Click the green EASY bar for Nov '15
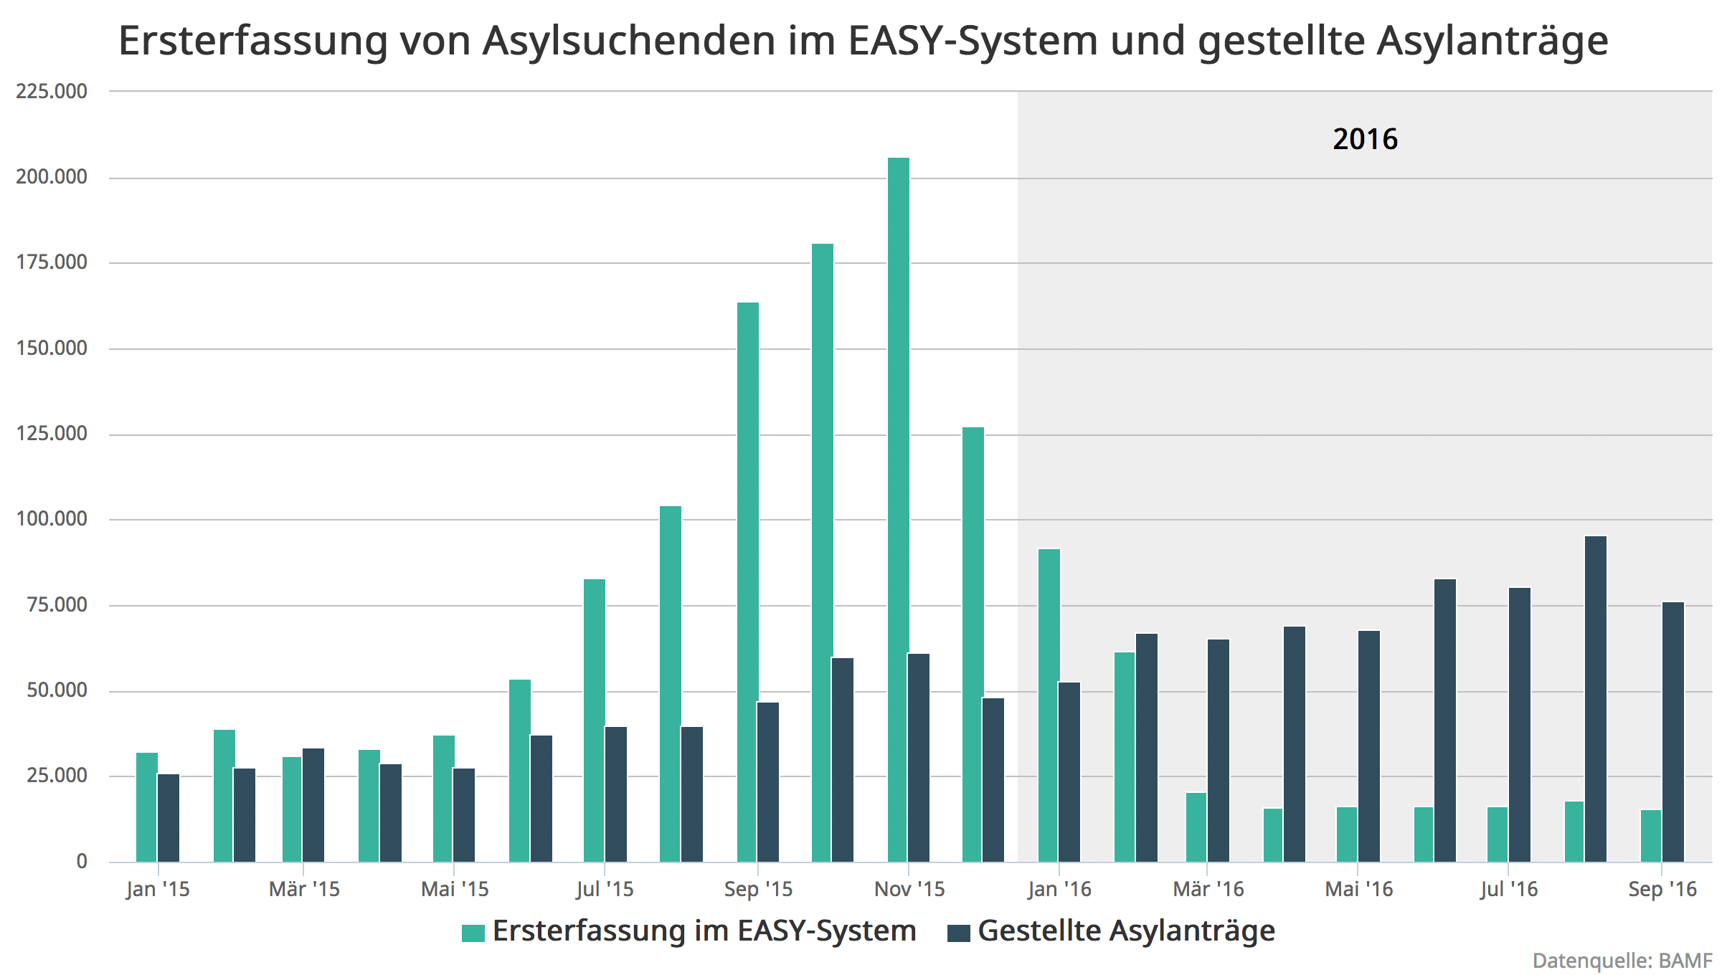tap(898, 509)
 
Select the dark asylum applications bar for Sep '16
tap(1672, 731)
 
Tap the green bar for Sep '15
tap(747, 581)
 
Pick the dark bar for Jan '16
tap(1069, 771)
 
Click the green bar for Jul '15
tap(594, 720)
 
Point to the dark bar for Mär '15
tap(313, 804)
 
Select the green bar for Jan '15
tap(146, 807)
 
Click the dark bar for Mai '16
tap(1368, 746)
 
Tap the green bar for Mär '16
tap(1196, 827)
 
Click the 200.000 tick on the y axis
tap(52, 177)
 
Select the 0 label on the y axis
tap(82, 862)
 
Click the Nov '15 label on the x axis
tap(909, 890)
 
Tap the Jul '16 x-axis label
tap(1509, 890)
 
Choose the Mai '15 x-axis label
tap(455, 890)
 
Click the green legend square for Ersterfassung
tap(473, 933)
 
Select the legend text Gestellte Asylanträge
tap(1126, 931)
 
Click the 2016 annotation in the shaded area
tap(1365, 139)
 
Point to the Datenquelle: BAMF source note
tap(1623, 961)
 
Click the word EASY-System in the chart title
tap(973, 41)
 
